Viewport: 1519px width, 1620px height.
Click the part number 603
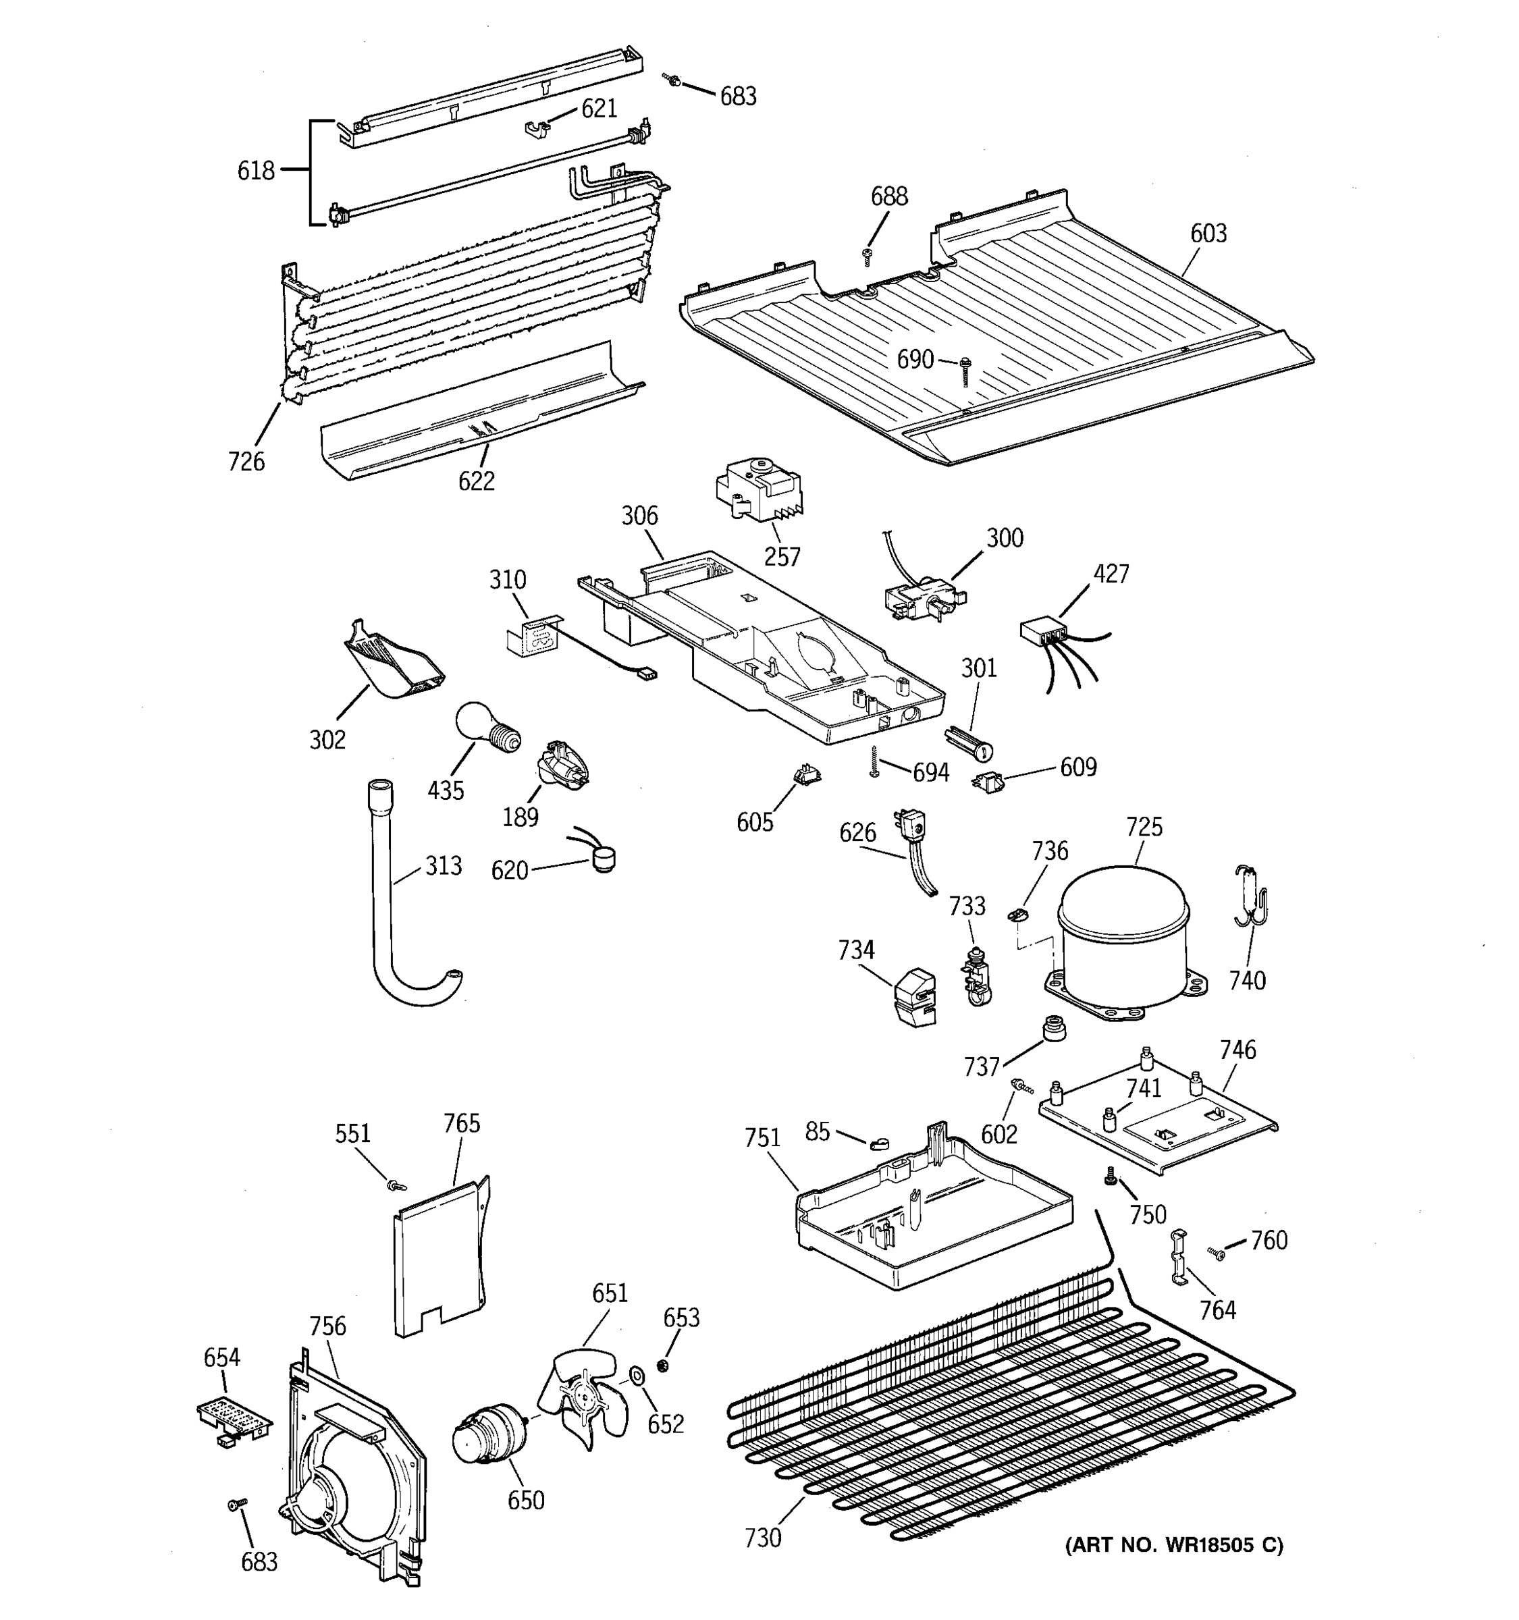coord(1208,234)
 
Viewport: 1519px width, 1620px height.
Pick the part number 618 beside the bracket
coord(256,171)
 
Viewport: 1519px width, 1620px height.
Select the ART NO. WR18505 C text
coord(1173,1545)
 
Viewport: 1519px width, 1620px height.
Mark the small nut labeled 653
coord(662,1365)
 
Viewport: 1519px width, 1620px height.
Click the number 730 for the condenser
coord(763,1538)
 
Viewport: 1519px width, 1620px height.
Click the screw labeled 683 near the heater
coord(672,80)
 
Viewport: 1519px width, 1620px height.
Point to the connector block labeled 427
coord(1043,633)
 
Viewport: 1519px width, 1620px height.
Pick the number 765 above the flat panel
coord(461,1124)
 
